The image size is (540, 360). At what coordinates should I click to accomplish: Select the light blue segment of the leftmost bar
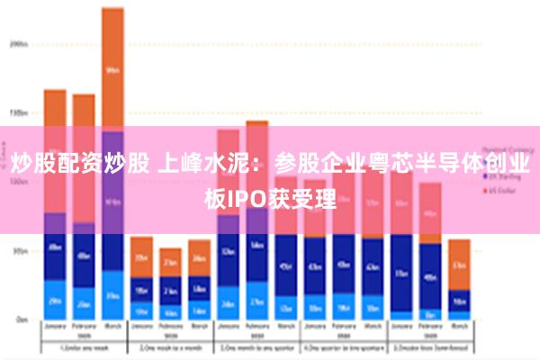point(55,300)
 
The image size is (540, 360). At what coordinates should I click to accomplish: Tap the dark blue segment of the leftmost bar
point(55,247)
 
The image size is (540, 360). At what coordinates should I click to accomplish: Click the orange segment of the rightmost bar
point(459,264)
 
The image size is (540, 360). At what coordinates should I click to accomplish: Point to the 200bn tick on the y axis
point(18,43)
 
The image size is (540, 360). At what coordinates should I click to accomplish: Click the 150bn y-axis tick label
point(18,113)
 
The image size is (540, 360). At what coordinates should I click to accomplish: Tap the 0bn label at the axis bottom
point(20,319)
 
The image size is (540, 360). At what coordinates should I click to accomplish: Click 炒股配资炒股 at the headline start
point(79,164)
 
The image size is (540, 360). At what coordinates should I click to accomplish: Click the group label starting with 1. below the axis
point(84,348)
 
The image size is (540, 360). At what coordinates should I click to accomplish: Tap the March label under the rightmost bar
point(459,328)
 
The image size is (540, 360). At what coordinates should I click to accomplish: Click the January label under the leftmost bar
point(55,328)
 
